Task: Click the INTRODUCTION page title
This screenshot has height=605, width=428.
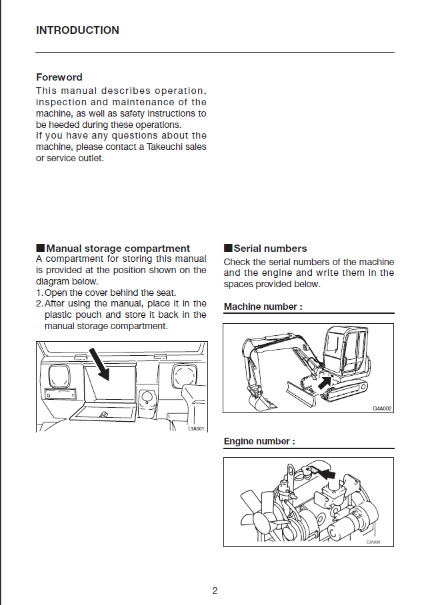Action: (77, 31)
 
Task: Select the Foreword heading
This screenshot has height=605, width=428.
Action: (59, 77)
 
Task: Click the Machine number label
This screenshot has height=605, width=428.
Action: (263, 307)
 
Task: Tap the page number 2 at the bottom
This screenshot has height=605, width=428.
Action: (215, 590)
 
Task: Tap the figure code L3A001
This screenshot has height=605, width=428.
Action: (196, 428)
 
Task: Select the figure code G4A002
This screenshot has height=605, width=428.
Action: (381, 408)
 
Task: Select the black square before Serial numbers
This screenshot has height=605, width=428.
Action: (228, 249)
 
